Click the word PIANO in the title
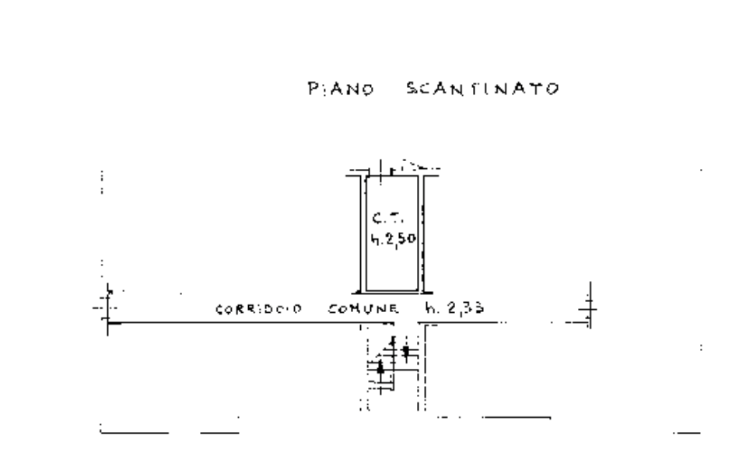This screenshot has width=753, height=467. tap(341, 89)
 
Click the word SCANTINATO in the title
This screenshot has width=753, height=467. tap(482, 89)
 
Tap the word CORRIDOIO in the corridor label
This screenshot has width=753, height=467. tap(258, 310)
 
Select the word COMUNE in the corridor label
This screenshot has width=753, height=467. tap(363, 310)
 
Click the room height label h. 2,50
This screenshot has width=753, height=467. tap(394, 239)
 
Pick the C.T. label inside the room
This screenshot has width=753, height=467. tap(387, 219)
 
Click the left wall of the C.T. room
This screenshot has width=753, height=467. tap(362, 233)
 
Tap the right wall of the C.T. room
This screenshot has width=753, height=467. tap(424, 233)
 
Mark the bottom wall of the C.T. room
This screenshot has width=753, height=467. tap(393, 292)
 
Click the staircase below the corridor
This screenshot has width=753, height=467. tap(394, 362)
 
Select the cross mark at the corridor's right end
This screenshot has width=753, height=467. tap(589, 307)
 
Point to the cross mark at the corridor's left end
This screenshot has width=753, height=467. tap(107, 307)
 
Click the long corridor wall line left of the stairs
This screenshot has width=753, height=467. tap(249, 321)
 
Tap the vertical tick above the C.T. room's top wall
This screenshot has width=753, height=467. tap(380, 167)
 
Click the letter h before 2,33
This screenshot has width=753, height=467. tap(430, 309)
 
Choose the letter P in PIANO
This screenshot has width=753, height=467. tap(313, 89)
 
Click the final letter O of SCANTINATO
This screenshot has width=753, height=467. tap(552, 89)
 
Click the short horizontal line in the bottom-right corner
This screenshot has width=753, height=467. tap(686, 433)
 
